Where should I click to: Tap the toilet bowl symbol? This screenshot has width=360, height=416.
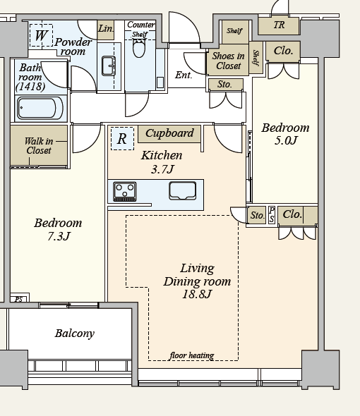tap(139, 48)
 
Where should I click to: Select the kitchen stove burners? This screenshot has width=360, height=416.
tap(125, 191)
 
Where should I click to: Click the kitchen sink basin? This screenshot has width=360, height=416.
tap(183, 191)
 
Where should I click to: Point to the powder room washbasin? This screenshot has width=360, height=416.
tap(109, 66)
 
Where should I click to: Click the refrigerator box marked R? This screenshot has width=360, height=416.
tap(122, 138)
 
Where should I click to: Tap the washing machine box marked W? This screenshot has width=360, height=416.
tap(41, 35)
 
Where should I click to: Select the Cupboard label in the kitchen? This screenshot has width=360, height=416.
tap(169, 133)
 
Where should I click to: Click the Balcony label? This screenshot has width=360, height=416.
tap(75, 334)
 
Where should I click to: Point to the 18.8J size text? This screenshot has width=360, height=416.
tap(197, 294)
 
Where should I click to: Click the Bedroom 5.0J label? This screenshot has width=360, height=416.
tap(285, 134)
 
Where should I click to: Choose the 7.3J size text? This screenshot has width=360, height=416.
tap(59, 236)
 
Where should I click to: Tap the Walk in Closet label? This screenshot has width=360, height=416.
tap(39, 146)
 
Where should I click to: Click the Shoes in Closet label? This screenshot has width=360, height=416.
tap(228, 61)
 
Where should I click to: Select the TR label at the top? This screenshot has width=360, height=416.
tap(279, 25)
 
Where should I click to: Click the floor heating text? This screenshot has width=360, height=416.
tap(192, 355)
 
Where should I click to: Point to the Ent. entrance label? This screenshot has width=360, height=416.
tap(184, 75)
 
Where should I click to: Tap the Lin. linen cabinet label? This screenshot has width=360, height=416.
tap(106, 28)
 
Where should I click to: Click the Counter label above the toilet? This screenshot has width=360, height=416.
tap(140, 25)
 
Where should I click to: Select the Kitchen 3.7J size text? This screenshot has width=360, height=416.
tap(162, 169)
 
